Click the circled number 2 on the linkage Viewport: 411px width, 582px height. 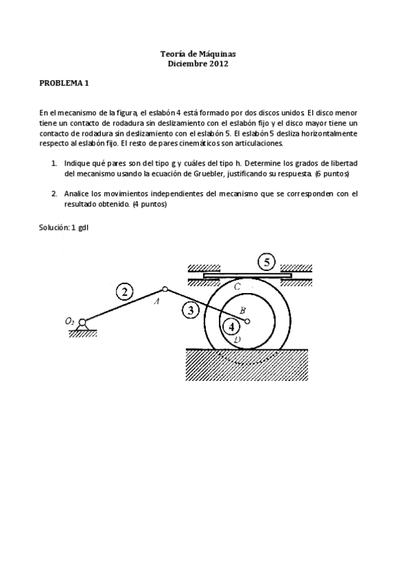(124, 292)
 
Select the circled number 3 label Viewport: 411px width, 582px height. (192, 310)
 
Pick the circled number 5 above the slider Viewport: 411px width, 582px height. (267, 261)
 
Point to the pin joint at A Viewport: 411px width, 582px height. (165, 289)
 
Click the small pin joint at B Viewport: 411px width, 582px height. (247, 320)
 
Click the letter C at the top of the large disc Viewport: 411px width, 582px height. (237, 286)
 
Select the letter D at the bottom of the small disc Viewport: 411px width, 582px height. (237, 340)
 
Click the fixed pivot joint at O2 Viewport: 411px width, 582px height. (83, 322)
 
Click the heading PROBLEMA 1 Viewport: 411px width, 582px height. (64, 84)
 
